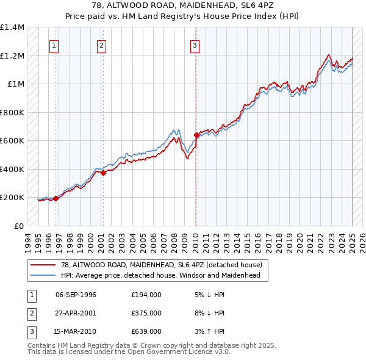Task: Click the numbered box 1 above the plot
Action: (x=54, y=45)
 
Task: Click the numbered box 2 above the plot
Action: (x=101, y=45)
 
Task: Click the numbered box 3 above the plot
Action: (x=195, y=45)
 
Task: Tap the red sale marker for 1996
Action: (x=56, y=198)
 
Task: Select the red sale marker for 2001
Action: (x=104, y=173)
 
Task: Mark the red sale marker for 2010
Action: (x=196, y=135)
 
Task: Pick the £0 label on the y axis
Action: (x=18, y=226)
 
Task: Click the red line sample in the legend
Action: (x=43, y=265)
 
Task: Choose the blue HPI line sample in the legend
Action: (x=43, y=275)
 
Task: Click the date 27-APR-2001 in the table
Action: (x=76, y=314)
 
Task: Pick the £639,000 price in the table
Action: (x=146, y=331)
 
